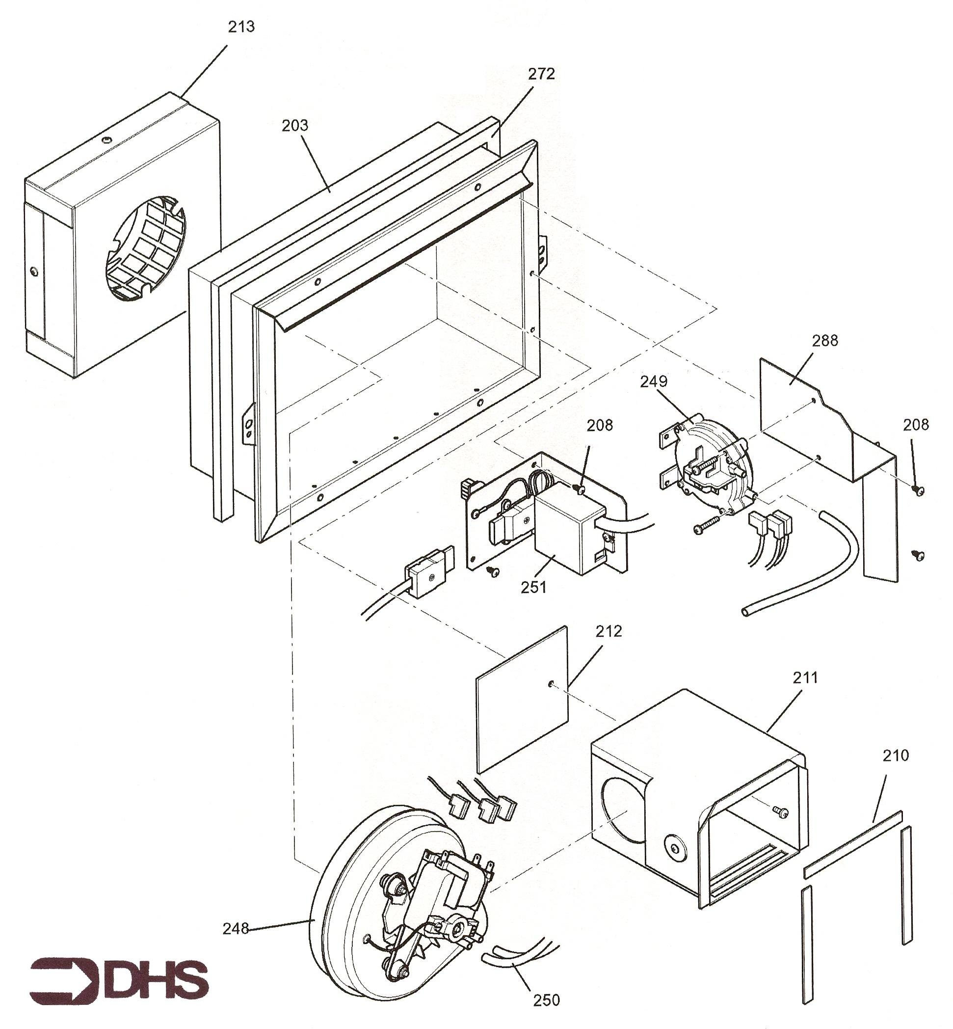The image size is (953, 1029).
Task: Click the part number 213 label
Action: tap(241, 27)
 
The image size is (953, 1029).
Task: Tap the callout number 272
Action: tap(541, 74)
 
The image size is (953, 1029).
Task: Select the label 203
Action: tap(295, 125)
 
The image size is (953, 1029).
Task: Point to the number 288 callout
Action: tap(825, 340)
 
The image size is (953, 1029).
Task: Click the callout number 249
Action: tap(654, 381)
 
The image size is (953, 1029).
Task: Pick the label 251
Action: tap(534, 587)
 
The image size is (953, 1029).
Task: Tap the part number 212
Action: tap(609, 631)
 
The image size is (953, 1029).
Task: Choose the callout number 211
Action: tap(805, 677)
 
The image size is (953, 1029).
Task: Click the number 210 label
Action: tap(896, 756)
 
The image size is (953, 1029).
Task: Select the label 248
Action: tap(236, 929)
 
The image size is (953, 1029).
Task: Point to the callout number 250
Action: tap(546, 1000)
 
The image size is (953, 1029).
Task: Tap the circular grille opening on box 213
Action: tap(146, 248)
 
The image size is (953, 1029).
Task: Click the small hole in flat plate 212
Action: tap(551, 683)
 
